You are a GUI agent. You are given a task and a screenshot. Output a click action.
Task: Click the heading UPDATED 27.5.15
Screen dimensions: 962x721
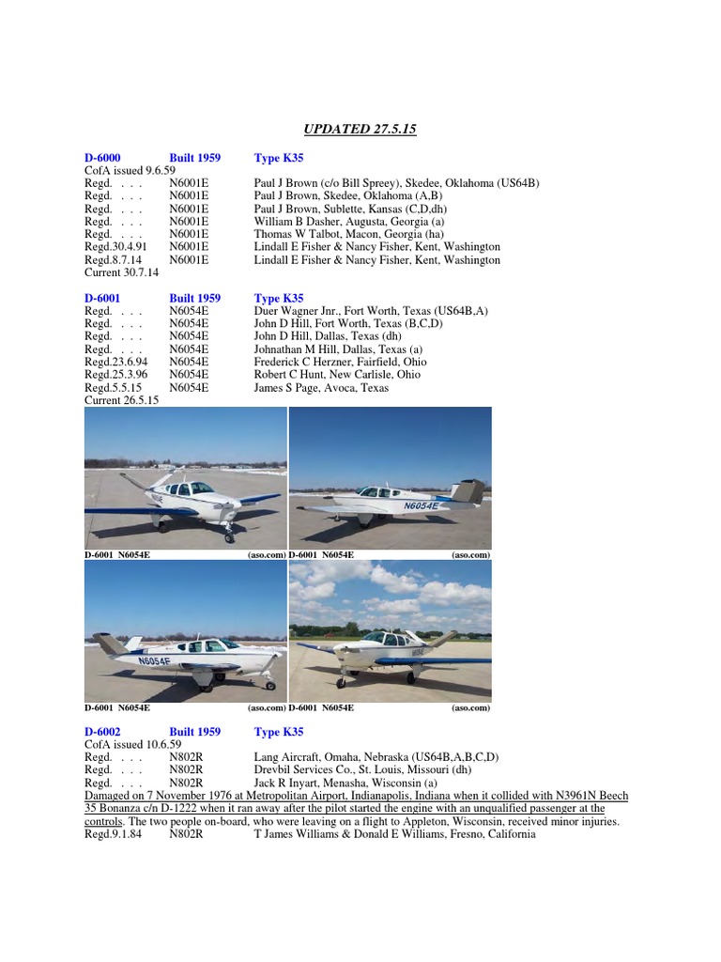point(360,128)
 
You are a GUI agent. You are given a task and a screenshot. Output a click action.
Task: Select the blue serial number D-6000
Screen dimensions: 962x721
point(102,158)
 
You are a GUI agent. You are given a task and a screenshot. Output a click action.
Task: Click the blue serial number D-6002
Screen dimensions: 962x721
point(102,731)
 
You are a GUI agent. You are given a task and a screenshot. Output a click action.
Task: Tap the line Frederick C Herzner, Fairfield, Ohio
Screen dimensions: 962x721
point(340,362)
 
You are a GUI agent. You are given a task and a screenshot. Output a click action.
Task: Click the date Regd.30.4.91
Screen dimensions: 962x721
point(114,247)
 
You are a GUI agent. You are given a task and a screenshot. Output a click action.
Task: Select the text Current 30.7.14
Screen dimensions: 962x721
point(122,272)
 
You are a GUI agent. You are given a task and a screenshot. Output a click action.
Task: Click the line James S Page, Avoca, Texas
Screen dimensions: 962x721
point(320,387)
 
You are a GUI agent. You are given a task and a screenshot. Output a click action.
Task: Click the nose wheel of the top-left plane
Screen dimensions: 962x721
point(228,536)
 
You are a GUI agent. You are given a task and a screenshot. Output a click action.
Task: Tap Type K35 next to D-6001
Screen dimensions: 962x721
point(279,298)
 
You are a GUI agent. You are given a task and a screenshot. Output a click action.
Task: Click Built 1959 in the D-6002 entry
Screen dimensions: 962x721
point(194,731)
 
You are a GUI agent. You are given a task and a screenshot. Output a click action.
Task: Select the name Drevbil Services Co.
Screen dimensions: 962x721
point(306,769)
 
